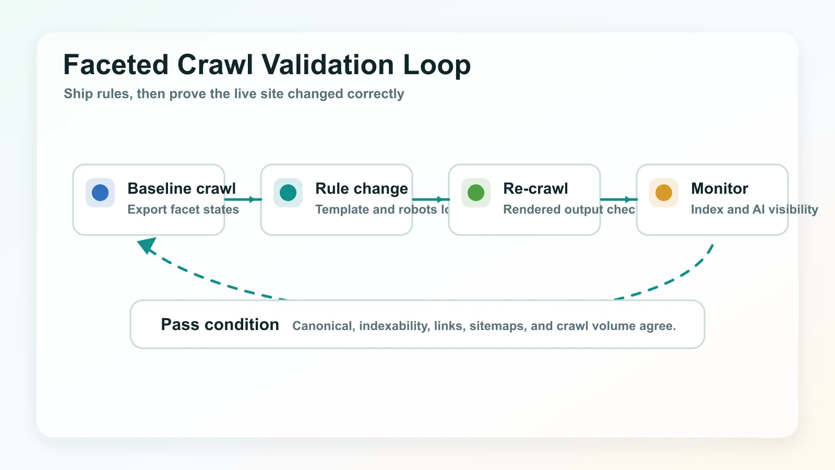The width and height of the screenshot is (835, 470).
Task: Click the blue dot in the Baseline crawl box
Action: [100, 193]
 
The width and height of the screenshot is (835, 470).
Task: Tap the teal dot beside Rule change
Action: [288, 193]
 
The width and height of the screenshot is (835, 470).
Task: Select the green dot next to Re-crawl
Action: [476, 193]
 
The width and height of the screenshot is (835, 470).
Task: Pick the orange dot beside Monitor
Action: [664, 193]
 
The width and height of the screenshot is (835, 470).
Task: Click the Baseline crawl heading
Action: [181, 189]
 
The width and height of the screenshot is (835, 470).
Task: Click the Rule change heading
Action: [361, 189]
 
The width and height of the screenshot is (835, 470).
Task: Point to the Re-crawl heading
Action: [535, 189]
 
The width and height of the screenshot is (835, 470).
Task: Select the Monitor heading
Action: [719, 189]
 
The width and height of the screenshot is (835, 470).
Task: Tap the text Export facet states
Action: [183, 209]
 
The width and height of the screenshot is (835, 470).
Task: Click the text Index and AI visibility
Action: [754, 209]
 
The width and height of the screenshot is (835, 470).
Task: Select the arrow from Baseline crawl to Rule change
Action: [243, 199]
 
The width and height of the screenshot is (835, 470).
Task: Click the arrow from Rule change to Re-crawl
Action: [431, 199]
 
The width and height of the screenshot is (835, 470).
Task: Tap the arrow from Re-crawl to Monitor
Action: [619, 199]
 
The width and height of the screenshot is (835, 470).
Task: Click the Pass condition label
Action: [220, 325]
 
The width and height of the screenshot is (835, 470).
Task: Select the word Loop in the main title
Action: [437, 65]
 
